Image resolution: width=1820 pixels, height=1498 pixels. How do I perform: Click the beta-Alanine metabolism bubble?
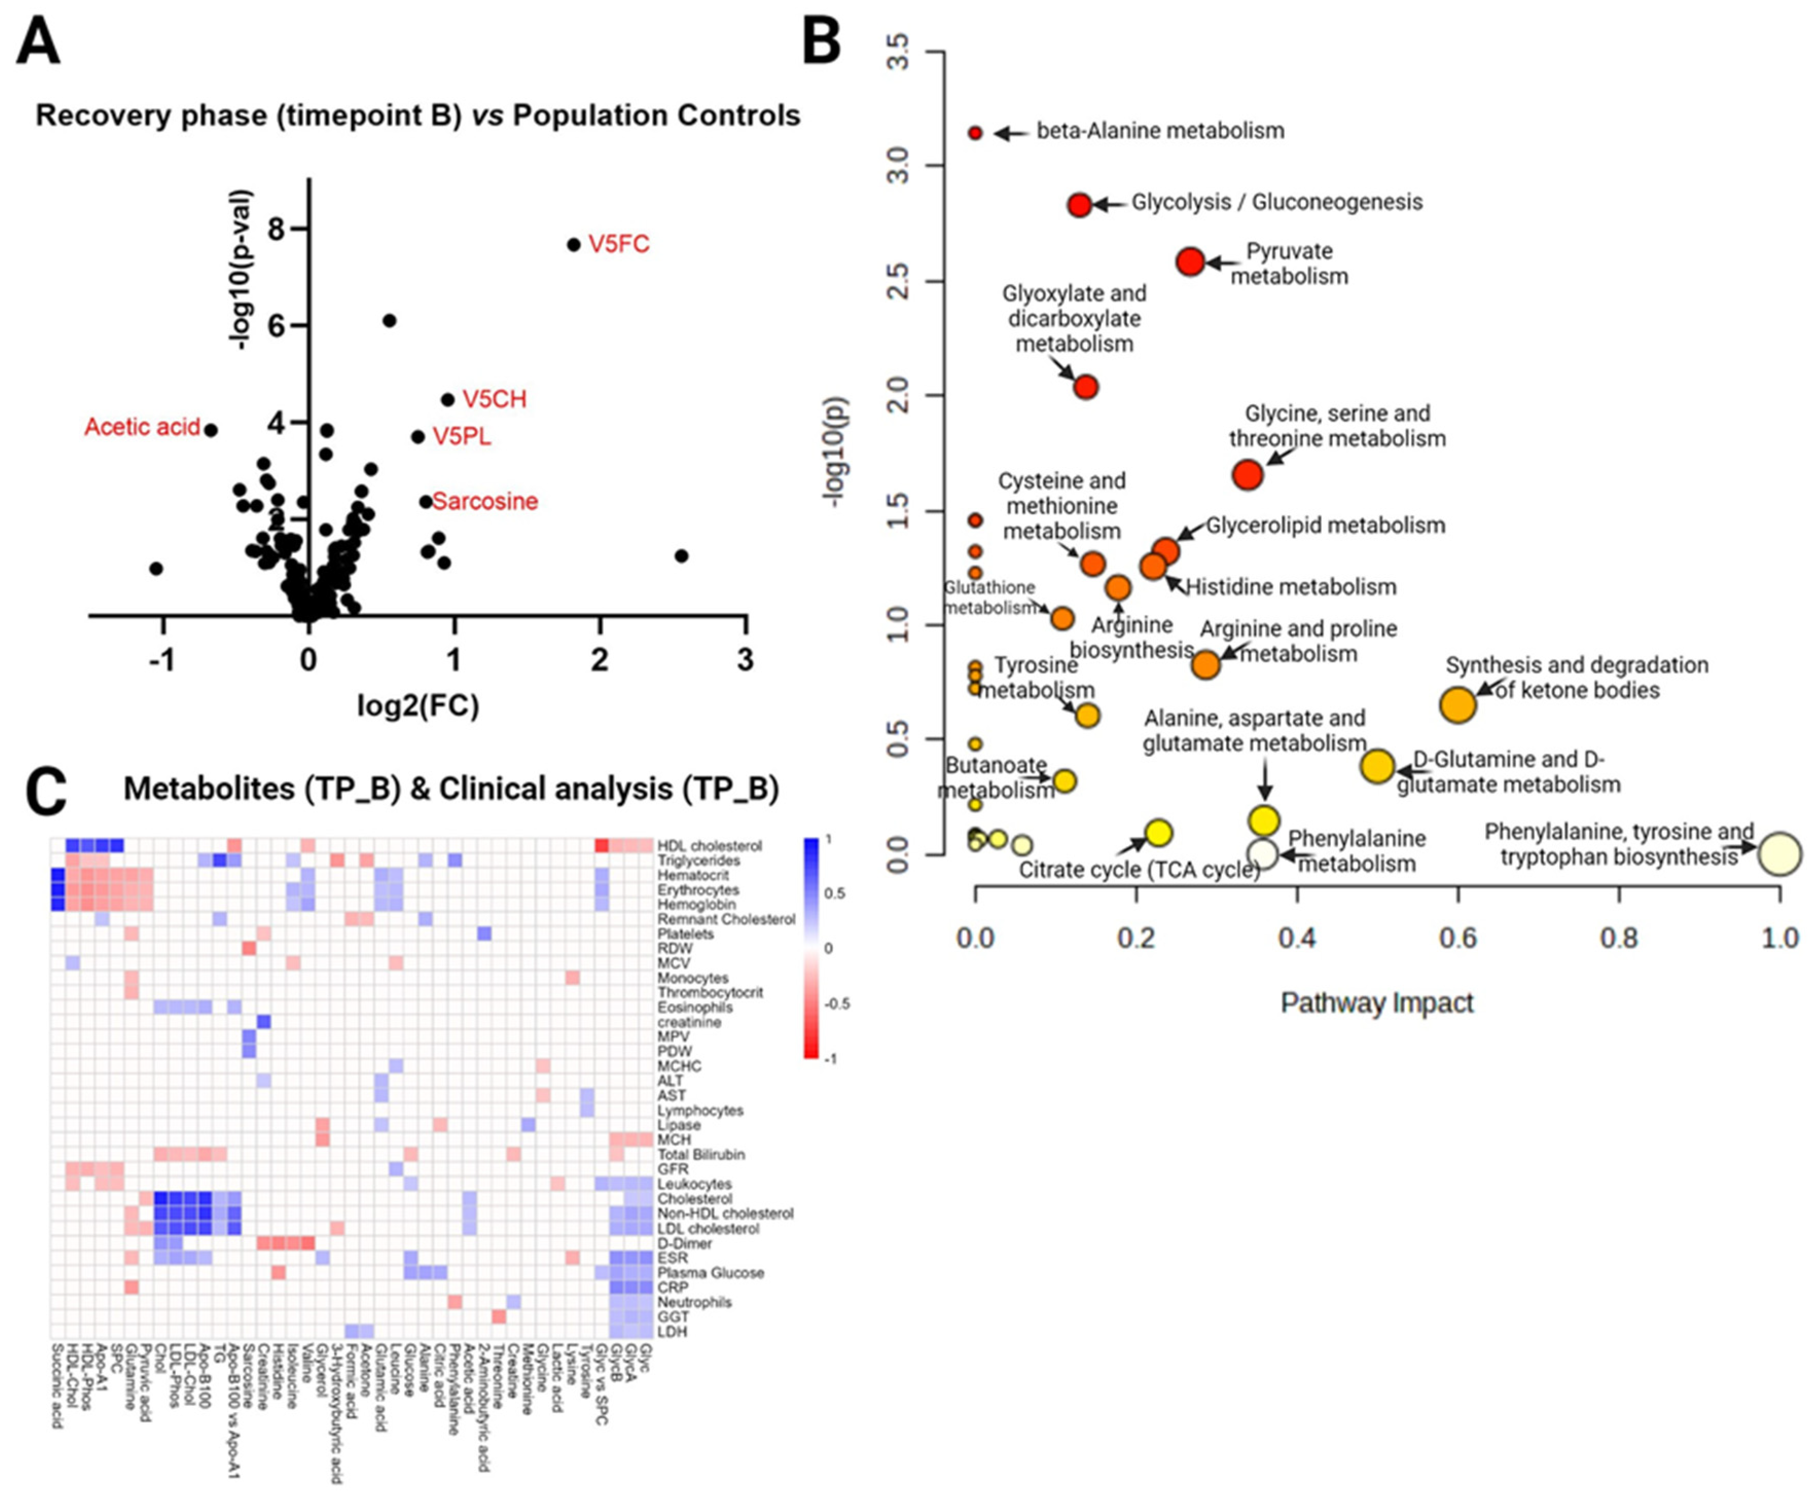tap(975, 133)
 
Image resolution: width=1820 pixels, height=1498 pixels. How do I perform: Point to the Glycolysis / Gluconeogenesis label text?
tap(1276, 203)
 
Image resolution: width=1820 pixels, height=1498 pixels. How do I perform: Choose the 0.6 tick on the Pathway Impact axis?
tap(1457, 938)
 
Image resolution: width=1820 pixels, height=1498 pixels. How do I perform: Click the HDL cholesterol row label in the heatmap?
tap(709, 845)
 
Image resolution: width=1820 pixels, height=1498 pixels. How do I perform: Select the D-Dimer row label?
tap(684, 1243)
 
